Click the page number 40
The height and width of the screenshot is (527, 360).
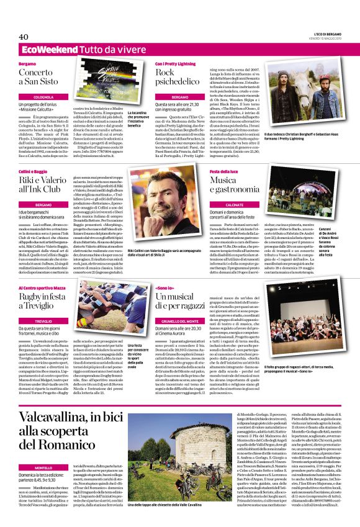click(x=24, y=37)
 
